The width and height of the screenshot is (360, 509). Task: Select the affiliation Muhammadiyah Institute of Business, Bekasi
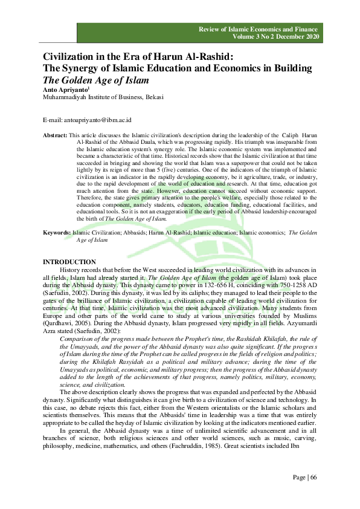pyautogui.click(x=102, y=97)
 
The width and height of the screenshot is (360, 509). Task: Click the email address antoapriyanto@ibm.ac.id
pyautogui.click(x=83, y=121)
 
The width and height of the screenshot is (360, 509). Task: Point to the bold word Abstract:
pyautogui.click(x=56, y=135)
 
